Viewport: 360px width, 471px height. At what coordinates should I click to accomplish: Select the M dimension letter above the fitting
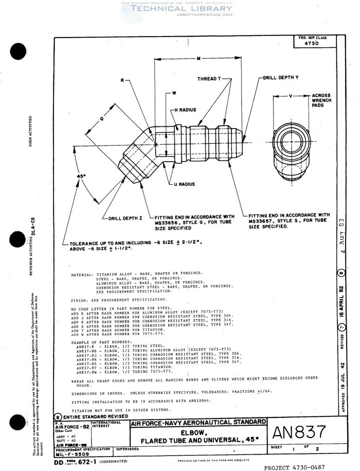tap(199, 58)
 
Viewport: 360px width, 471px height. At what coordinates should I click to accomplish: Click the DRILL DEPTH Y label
tap(281, 77)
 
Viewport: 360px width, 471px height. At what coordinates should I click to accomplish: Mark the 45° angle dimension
tap(80, 176)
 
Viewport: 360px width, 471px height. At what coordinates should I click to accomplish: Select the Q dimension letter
tap(102, 117)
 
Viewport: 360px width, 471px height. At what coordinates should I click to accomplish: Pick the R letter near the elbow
tap(121, 81)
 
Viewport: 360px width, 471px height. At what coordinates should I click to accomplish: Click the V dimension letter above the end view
tap(291, 96)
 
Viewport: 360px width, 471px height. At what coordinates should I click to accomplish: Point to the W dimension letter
tap(174, 94)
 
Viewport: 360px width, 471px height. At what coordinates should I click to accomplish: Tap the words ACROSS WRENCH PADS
tap(321, 101)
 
